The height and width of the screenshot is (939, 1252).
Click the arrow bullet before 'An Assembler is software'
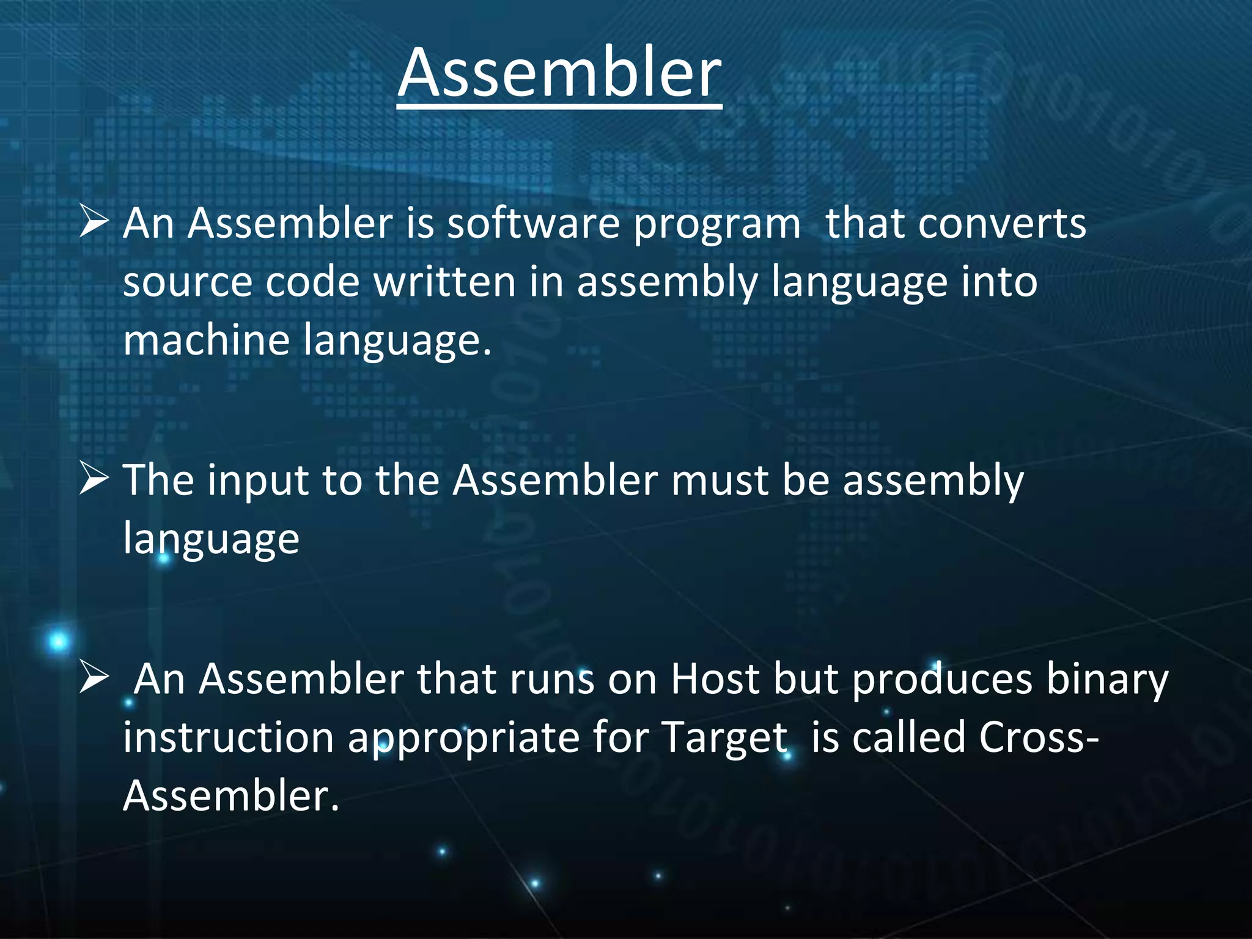point(94,223)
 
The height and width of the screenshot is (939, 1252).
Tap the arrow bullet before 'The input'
point(94,479)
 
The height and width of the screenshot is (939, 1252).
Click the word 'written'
point(445,282)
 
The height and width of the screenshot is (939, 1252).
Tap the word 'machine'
point(206,340)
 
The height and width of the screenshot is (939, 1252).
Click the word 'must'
point(719,481)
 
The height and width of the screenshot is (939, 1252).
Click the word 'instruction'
point(228,737)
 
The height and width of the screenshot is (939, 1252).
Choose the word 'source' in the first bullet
point(187,283)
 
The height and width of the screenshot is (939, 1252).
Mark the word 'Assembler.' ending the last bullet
point(230,796)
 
